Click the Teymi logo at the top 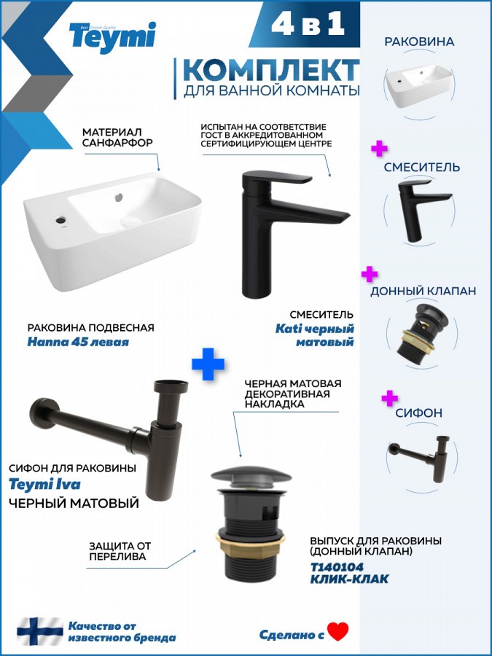point(112,37)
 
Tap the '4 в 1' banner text point(308,24)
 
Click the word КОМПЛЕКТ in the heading point(271,70)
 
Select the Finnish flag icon point(40,631)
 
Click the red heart point(338,631)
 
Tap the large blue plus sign point(208,364)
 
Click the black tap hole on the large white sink point(61,219)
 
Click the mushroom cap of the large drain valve point(251,476)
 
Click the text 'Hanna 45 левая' point(78,342)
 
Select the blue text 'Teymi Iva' point(44,485)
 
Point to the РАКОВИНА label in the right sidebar point(413,42)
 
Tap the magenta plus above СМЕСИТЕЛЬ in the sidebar point(379,149)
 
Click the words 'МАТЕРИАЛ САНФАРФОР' point(117,137)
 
